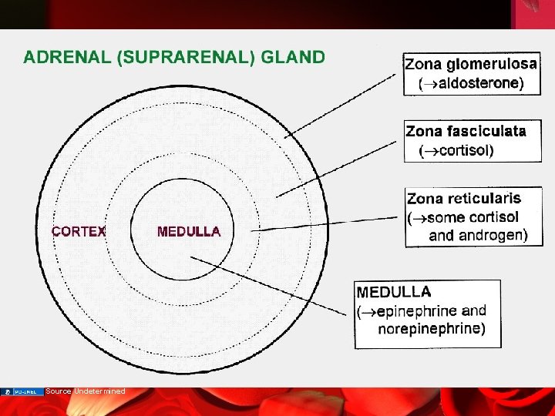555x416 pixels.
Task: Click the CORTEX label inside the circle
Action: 79,231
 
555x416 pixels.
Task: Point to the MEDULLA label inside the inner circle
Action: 189,231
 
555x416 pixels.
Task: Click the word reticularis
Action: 488,200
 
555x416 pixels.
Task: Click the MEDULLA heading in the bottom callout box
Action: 394,293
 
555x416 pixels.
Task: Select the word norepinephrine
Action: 431,329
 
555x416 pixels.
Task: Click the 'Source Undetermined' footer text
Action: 85,391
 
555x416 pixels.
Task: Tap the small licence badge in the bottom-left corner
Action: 22,392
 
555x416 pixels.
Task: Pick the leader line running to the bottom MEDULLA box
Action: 270,286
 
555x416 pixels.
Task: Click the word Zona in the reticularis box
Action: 425,200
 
